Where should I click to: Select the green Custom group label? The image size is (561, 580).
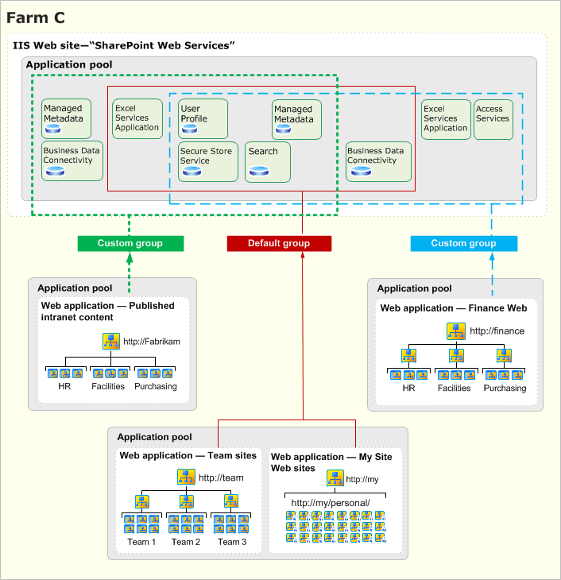130,243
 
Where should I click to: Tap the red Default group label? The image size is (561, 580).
279,243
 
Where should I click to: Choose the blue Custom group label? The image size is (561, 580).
464,243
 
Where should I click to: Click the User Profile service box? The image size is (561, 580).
203,118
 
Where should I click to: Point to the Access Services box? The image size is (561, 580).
493,119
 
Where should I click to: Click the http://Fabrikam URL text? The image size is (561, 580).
152,342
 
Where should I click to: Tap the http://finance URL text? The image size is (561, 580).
497,331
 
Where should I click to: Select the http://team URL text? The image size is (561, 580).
221,478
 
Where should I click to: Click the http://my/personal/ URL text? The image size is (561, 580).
331,503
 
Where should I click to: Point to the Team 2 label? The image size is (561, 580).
186,542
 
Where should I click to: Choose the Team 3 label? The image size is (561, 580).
232,542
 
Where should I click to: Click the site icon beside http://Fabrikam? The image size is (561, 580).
111,342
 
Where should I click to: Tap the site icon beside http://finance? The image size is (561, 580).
456,331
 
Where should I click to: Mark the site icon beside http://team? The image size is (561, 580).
186,478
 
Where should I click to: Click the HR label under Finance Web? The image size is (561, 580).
408,388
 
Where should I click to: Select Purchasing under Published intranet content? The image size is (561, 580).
155,387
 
